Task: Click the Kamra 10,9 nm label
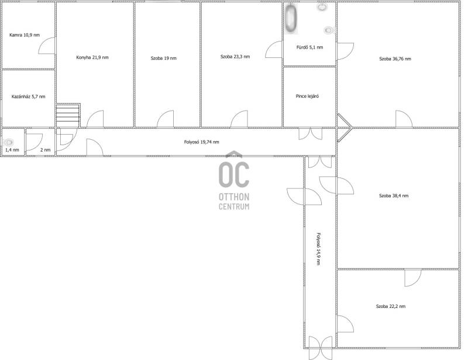coord(25,35)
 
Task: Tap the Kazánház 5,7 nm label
coord(28,97)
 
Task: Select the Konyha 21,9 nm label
coord(92,57)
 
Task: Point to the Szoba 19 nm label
coord(164,59)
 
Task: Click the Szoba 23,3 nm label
coord(235,56)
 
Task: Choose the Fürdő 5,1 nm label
coord(309,47)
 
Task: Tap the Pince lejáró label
coord(307,96)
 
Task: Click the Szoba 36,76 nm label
coord(395,59)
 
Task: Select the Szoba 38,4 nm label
coord(394,196)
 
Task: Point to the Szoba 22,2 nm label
coord(391,306)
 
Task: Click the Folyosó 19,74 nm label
coord(201,142)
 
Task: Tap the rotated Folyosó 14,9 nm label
coord(318,249)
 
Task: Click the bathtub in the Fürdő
coord(290,18)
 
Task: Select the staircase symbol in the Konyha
coord(68,115)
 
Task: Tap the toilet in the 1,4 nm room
coord(9,142)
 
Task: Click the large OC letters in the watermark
coord(234,174)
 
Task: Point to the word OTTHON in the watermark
coord(234,197)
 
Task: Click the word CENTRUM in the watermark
coord(234,207)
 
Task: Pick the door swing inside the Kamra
coord(45,42)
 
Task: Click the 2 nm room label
coord(46,150)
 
